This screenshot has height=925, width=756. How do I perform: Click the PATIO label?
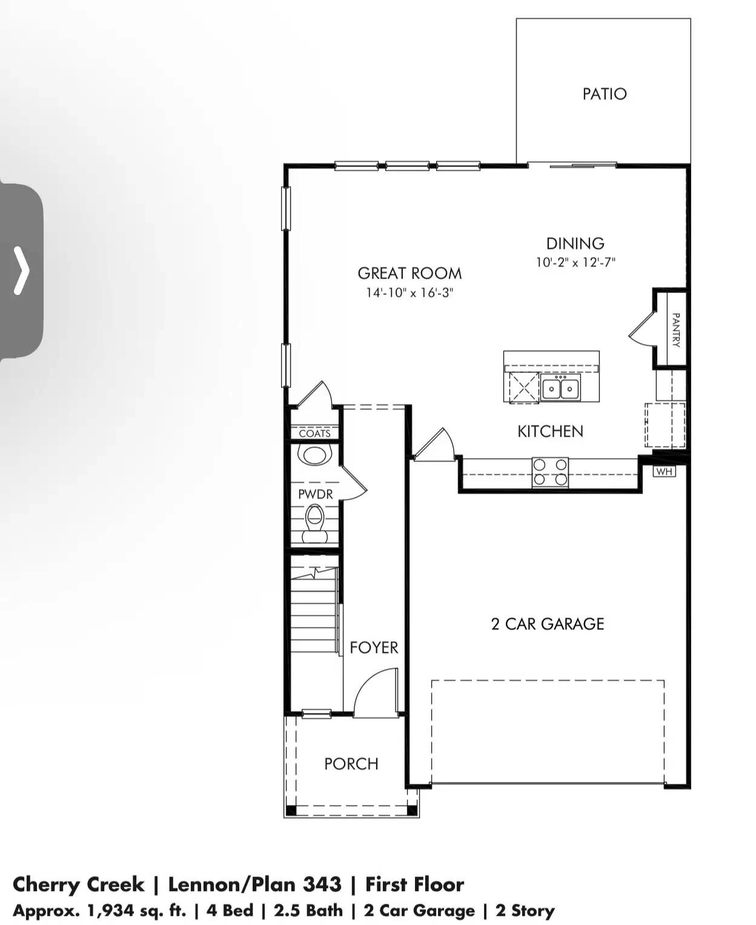604,94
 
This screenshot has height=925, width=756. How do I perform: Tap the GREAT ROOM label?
409,273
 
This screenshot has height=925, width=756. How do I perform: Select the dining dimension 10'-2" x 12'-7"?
575,263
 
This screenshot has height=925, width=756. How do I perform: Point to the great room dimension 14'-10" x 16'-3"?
409,293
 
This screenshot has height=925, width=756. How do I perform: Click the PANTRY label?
676,330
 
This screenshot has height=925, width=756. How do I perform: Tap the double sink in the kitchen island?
560,388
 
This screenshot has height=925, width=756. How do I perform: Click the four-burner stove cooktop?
550,472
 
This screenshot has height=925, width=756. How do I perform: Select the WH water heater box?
665,471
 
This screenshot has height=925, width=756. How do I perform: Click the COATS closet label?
315,433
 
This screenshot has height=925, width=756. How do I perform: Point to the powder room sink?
315,454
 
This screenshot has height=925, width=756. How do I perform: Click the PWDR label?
316,494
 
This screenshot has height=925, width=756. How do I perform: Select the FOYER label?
374,648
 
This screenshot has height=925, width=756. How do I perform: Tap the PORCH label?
351,764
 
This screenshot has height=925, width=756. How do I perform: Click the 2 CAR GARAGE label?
548,624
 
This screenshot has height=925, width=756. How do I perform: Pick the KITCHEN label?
550,431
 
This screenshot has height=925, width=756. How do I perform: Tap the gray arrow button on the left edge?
21,271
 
